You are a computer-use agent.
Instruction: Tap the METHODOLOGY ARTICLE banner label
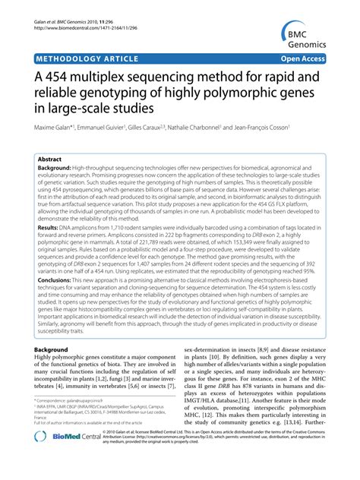pyautogui.click(x=84, y=57)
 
